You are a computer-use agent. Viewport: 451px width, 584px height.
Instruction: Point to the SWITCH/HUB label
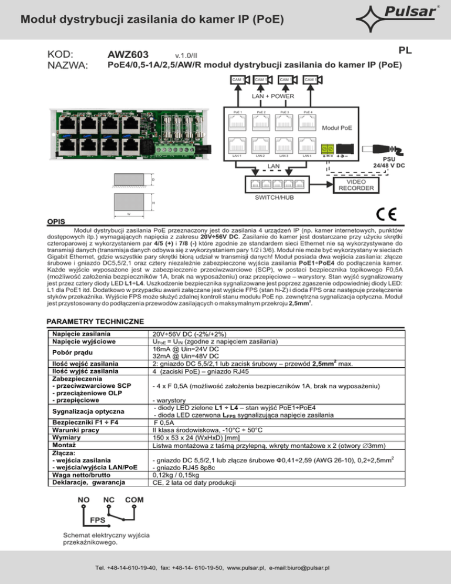click(x=275, y=197)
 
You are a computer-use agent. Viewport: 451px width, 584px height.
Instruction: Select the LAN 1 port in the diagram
click(x=237, y=146)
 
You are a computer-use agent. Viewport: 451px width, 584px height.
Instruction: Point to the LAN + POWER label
click(x=274, y=96)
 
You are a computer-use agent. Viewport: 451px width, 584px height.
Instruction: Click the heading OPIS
click(x=57, y=222)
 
